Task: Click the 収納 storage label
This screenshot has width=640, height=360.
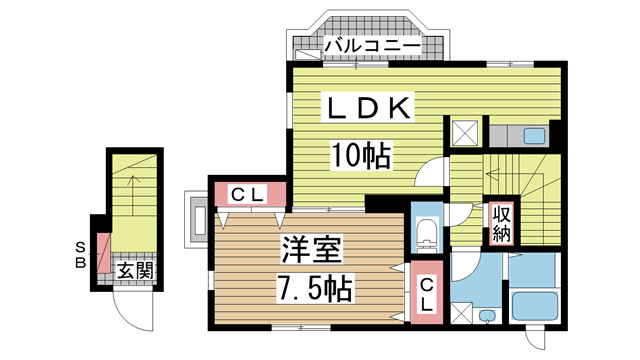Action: coord(499,224)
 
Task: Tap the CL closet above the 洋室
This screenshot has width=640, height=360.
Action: coord(247,195)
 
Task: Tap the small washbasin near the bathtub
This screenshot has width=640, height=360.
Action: coord(487,316)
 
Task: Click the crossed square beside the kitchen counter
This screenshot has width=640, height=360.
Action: coord(466,134)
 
